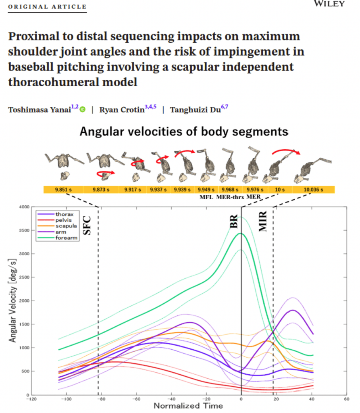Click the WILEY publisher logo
[329, 4]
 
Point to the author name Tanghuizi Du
[195, 110]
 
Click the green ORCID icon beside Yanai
[83, 109]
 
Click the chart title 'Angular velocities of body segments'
[184, 131]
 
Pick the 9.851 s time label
[63, 190]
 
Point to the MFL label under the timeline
[206, 197]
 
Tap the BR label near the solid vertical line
[234, 222]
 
